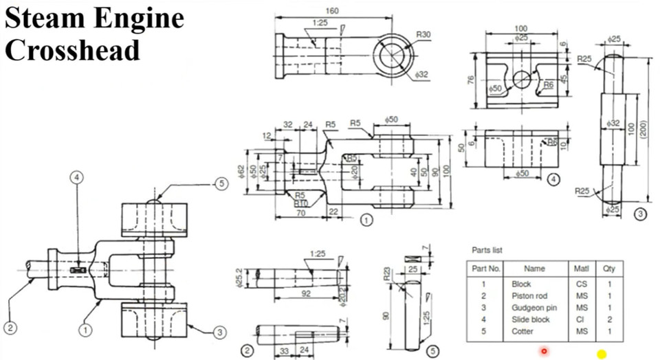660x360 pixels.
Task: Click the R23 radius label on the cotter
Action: tap(387, 278)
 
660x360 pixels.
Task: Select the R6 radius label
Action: tap(549, 85)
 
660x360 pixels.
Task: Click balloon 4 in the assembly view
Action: tap(78, 177)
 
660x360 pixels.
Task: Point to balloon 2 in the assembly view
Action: tap(10, 327)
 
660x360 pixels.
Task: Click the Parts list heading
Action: tap(487, 250)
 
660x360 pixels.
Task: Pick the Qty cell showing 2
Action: tap(609, 319)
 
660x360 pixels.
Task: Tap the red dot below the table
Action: tap(544, 352)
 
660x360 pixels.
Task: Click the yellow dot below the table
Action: tap(602, 354)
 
